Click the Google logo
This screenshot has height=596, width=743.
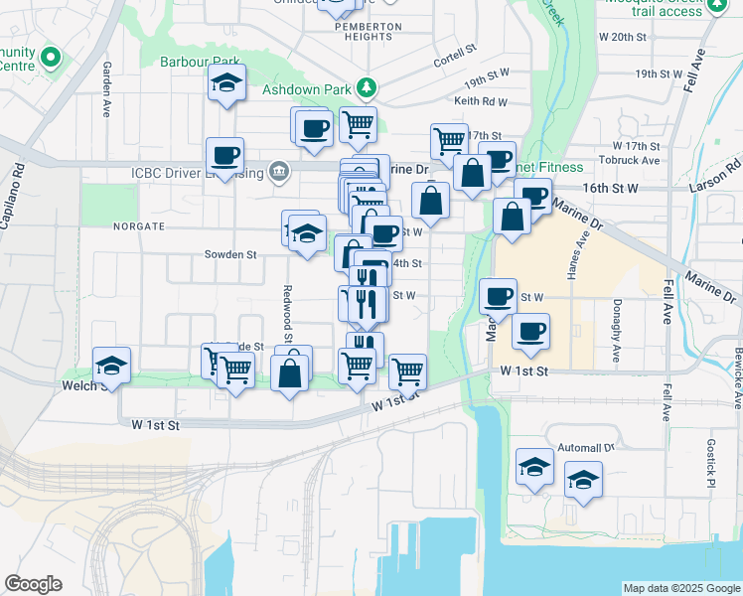point(33,584)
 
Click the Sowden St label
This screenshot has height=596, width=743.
point(231,255)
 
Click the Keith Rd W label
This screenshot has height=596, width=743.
point(481,101)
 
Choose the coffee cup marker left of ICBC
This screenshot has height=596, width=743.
point(224,155)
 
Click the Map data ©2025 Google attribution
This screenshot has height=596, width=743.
point(680,588)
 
